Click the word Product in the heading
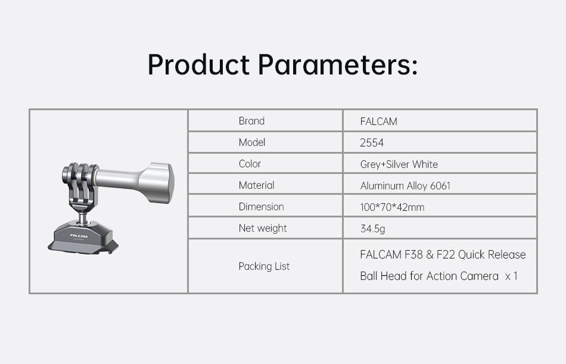tap(198, 65)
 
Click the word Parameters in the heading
tap(338, 65)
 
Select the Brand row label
tap(251, 120)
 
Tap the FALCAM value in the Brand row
tap(379, 122)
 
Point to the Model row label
tap(252, 142)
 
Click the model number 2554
tap(372, 142)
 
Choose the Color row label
tap(250, 164)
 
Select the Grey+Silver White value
tap(399, 164)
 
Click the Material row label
tap(257, 185)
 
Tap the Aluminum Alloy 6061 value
tap(405, 186)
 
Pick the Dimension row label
tap(262, 207)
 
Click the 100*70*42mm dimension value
tap(392, 207)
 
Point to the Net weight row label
tap(263, 228)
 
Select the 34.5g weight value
tap(372, 229)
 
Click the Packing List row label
tap(264, 266)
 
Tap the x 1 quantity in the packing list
tap(512, 276)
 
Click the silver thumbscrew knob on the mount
tap(156, 182)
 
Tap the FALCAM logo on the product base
tap(79, 236)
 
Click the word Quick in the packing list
tap(471, 254)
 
